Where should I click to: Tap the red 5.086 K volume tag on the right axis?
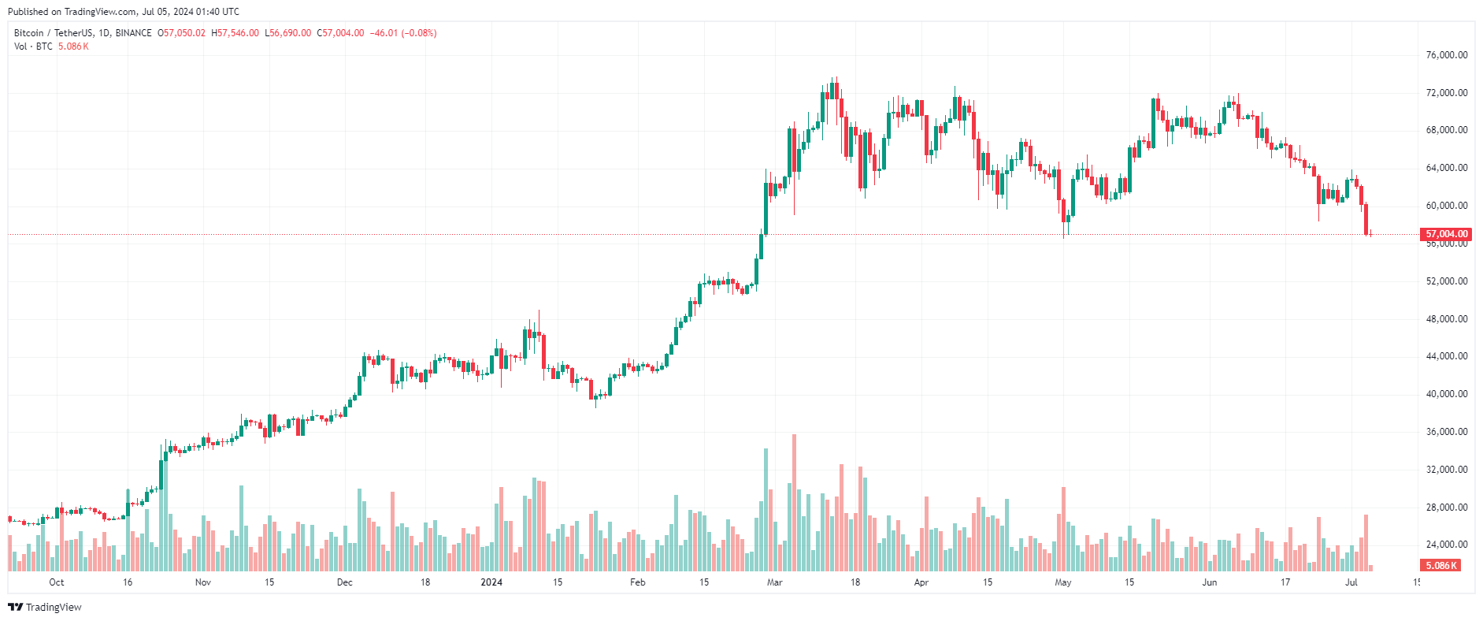[x=1441, y=566]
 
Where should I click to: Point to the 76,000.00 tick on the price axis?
[x=1447, y=55]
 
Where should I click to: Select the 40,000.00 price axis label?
[x=1447, y=394]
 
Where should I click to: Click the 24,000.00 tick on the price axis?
[x=1447, y=545]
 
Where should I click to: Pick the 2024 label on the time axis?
[x=491, y=582]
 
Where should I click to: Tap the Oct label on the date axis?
[x=57, y=582]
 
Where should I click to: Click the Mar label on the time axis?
[x=775, y=582]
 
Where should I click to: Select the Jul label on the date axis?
[x=1351, y=582]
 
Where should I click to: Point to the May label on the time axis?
[x=1063, y=582]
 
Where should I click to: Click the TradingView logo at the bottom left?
[x=45, y=607]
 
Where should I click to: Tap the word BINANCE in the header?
[x=133, y=33]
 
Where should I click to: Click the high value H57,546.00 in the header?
[x=235, y=33]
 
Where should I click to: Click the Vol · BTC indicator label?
[x=33, y=46]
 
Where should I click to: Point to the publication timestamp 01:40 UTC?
[x=220, y=12]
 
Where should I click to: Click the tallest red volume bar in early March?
[x=794, y=503]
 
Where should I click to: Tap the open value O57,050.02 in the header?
[x=181, y=33]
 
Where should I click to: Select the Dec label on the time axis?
[x=344, y=582]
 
